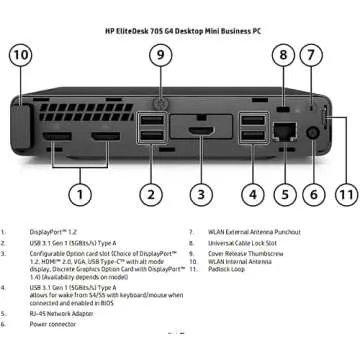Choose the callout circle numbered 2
[150, 193]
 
